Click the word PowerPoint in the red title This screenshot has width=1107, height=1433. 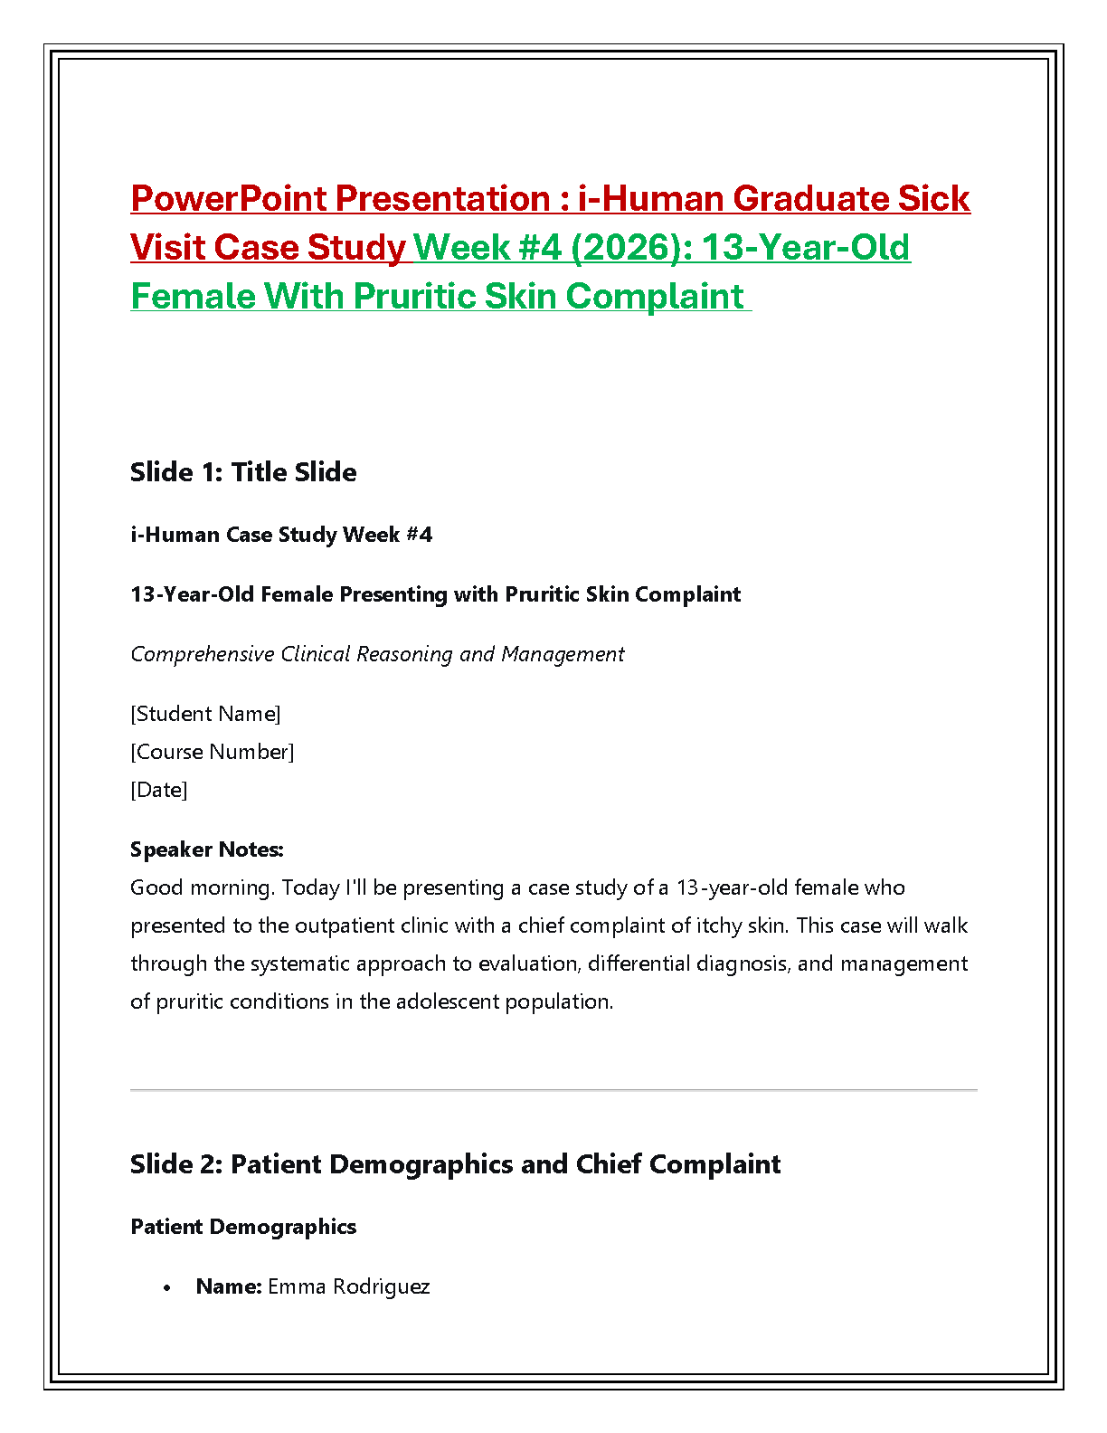[229, 198]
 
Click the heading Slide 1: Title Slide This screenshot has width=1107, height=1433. [243, 472]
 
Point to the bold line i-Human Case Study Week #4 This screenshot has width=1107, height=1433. [281, 534]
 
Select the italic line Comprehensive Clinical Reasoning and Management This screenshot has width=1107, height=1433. [377, 654]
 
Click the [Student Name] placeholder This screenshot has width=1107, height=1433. [205, 714]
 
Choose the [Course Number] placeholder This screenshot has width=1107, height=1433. [213, 752]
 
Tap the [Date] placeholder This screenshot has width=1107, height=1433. [159, 790]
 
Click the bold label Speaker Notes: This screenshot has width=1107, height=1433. [207, 849]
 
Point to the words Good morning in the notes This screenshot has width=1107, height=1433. [201, 888]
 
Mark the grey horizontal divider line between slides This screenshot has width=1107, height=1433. [553, 1090]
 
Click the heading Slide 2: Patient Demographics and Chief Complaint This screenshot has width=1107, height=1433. [455, 1164]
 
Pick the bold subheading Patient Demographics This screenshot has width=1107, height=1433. [243, 1227]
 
